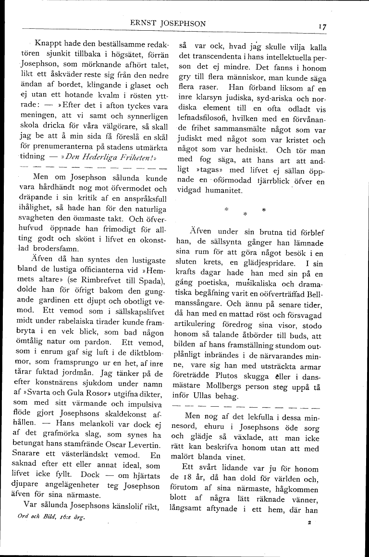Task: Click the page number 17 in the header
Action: coord(321,27)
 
